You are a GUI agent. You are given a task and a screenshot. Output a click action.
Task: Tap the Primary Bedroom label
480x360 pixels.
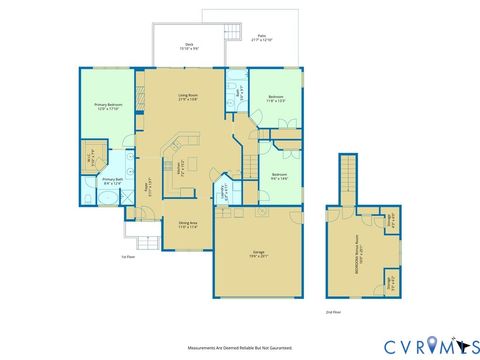[107, 106]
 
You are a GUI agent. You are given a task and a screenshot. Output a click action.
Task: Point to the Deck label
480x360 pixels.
[189, 45]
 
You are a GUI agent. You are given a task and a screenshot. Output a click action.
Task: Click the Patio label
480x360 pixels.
[261, 38]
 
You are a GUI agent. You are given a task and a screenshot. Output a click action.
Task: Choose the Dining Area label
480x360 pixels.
[187, 225]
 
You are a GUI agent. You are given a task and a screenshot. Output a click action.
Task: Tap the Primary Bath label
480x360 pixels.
[111, 181]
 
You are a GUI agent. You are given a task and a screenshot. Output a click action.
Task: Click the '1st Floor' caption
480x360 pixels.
[128, 256]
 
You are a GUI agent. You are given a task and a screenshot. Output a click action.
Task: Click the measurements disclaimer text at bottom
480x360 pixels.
[240, 348]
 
